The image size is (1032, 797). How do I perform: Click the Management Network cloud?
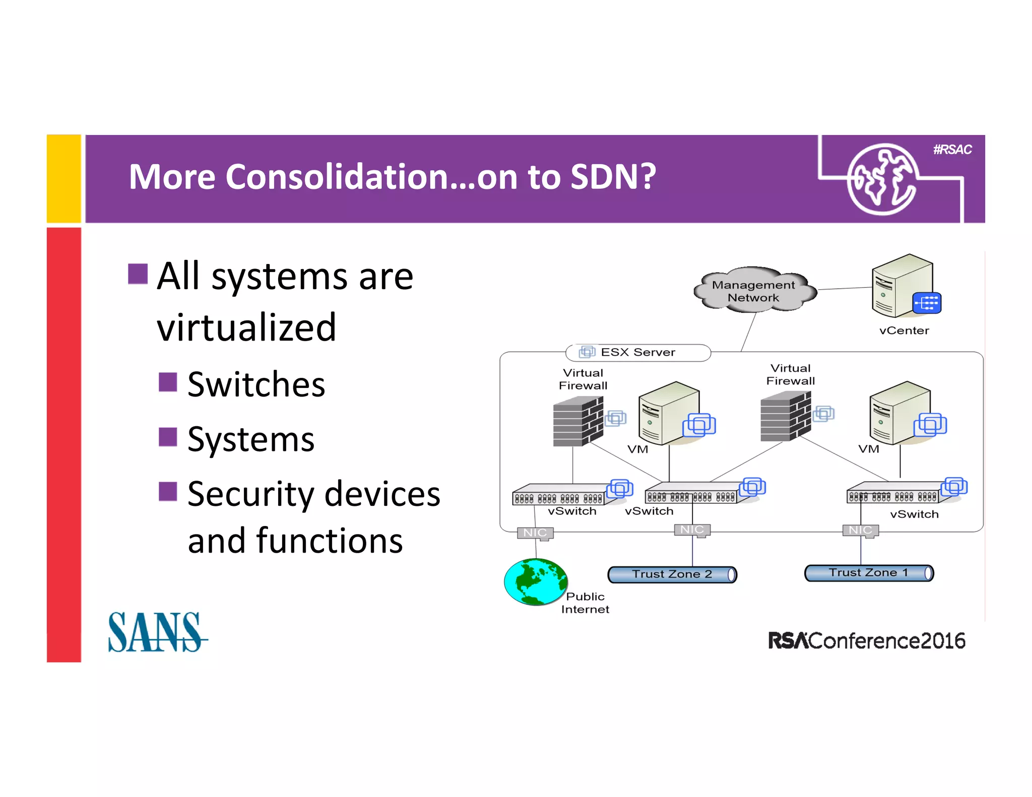click(x=754, y=291)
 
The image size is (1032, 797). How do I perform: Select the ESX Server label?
click(x=637, y=352)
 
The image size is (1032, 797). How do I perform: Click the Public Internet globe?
click(x=536, y=581)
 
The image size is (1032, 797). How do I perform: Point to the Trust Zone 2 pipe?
click(x=672, y=574)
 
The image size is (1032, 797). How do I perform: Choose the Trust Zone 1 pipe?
click(x=869, y=573)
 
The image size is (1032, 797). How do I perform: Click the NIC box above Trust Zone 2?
click(x=692, y=530)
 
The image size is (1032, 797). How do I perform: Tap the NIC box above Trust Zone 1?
click(x=860, y=530)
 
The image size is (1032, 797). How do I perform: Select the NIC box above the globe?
click(x=535, y=533)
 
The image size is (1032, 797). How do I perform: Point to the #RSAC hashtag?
click(x=952, y=150)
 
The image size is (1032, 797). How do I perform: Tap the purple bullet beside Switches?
click(x=168, y=382)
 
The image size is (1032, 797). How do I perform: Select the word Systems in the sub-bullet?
click(x=251, y=439)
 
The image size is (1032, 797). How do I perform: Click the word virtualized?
click(x=246, y=327)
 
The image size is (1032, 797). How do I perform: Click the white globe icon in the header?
click(x=881, y=179)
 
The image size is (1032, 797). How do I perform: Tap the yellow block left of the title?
click(x=64, y=178)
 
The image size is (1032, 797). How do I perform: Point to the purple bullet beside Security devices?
click(x=168, y=491)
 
